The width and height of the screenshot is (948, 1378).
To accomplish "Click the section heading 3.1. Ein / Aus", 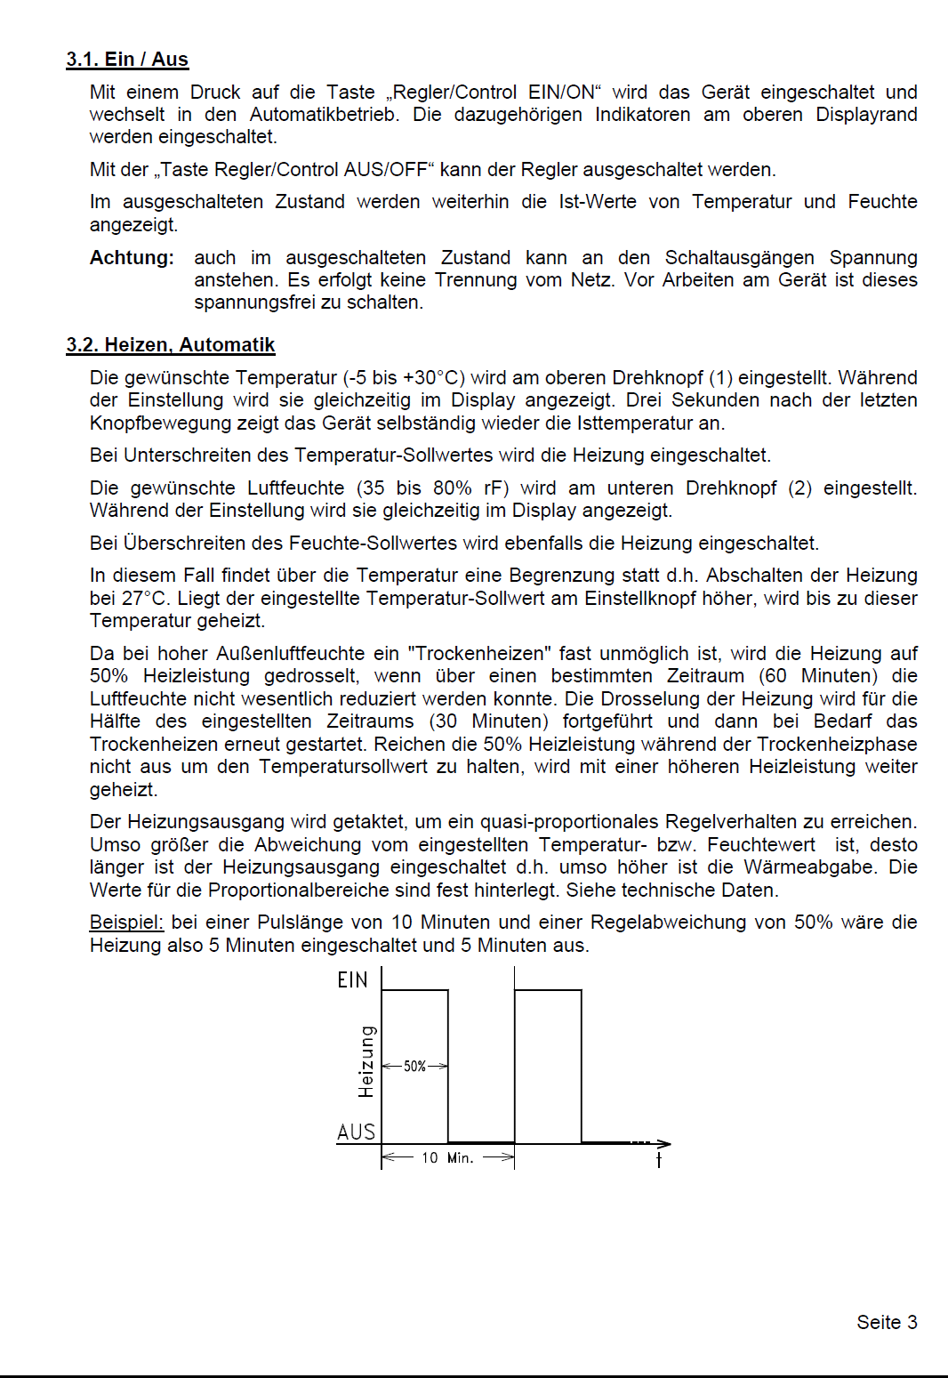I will (x=127, y=60).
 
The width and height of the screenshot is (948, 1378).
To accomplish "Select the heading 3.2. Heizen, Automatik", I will (x=171, y=345).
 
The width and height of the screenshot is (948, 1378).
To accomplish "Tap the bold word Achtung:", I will (x=132, y=258).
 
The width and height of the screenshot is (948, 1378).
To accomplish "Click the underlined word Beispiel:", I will (x=126, y=923).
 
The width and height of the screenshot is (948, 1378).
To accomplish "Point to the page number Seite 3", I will (x=887, y=1322).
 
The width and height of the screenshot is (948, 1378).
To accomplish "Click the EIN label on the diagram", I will (x=352, y=980).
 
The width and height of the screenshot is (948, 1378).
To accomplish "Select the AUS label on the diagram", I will (x=356, y=1132).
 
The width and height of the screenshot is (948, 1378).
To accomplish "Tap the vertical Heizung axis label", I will (x=366, y=1061).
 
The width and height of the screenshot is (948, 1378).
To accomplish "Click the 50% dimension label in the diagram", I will (x=414, y=1066).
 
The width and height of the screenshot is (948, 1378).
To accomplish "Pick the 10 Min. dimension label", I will (x=447, y=1157).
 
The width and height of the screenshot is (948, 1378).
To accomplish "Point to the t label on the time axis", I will (x=659, y=1160).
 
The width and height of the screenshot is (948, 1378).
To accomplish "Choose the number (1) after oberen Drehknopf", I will (x=720, y=378).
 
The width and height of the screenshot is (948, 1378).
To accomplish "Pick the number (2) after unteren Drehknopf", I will (x=799, y=488).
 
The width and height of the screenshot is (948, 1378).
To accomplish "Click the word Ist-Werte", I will (x=597, y=202).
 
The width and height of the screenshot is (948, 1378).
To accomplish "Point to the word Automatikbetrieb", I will (x=323, y=115).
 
